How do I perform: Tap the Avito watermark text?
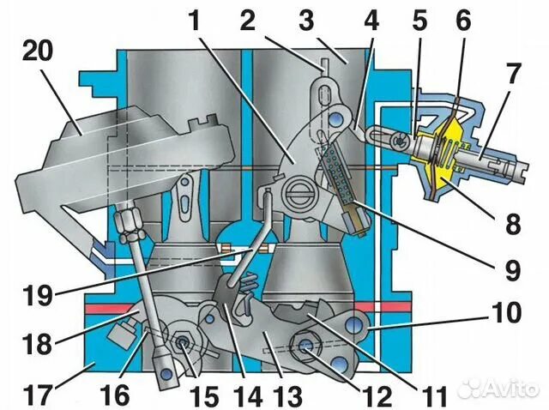pos(506,388)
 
